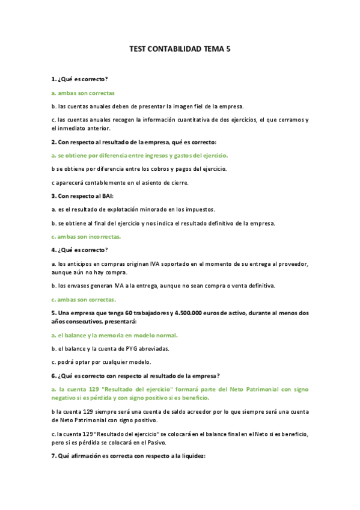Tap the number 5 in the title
(x=228, y=51)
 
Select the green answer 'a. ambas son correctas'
(x=83, y=93)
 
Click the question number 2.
(x=53, y=142)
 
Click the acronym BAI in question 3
(x=106, y=196)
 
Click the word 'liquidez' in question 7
(x=191, y=456)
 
